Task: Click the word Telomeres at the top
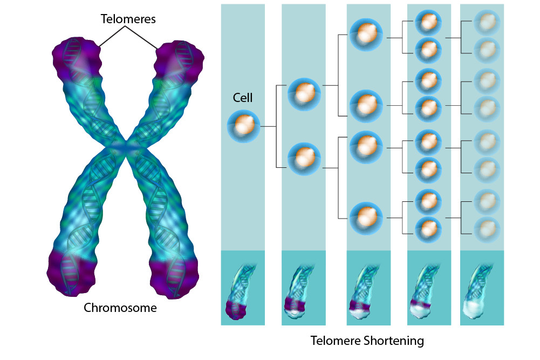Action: click(x=128, y=19)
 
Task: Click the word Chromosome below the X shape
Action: click(x=120, y=308)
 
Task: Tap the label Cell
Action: click(x=243, y=98)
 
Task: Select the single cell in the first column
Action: click(x=243, y=126)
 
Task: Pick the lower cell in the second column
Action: click(x=304, y=158)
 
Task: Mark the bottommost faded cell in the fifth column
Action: click(x=487, y=229)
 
